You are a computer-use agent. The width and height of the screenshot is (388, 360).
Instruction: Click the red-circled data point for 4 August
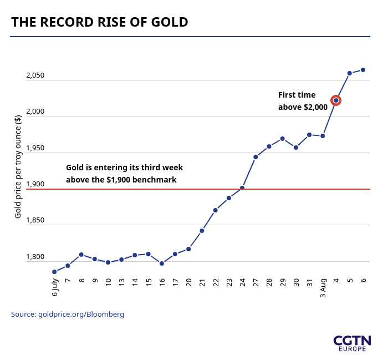336,100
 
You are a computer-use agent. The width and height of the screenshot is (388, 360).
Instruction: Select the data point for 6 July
54,272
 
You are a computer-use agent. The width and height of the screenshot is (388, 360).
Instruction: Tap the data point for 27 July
256,157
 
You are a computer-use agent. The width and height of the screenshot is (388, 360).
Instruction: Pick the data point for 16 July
162,263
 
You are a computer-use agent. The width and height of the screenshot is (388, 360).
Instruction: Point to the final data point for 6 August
363,70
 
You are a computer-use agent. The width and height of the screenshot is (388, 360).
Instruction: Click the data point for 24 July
242,188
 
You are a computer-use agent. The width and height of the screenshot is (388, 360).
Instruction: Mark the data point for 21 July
202,231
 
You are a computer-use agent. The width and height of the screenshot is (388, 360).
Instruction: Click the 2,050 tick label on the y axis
35,75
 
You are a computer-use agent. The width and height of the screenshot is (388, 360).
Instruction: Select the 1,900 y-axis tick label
35,184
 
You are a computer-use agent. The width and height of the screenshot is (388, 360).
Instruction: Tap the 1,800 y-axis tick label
35,257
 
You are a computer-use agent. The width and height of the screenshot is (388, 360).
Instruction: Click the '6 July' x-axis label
55,288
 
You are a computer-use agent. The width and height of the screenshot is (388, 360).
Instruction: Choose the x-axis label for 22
216,282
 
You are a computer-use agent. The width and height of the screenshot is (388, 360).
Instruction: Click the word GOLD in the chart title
172,22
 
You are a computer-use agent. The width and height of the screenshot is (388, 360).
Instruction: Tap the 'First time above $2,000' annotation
303,101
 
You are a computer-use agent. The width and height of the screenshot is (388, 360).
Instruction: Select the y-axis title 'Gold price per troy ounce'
18,166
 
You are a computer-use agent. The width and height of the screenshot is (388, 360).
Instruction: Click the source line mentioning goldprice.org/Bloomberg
68,315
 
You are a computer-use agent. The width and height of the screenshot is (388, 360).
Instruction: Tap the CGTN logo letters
352,340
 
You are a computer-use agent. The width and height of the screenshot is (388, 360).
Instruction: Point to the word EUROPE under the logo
352,349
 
